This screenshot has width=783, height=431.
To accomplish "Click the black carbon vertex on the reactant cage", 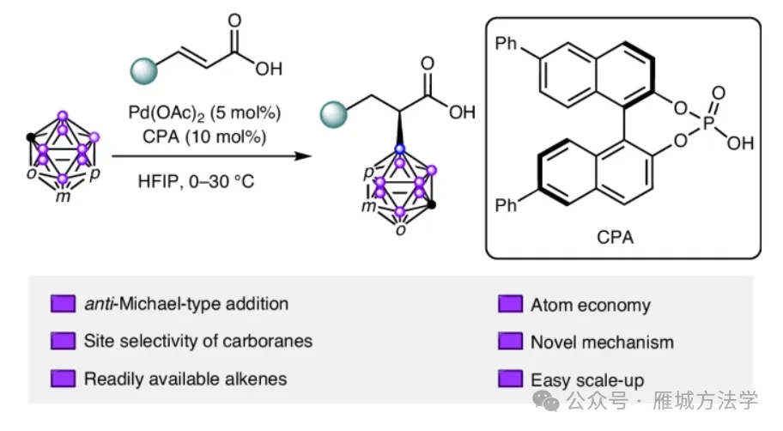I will point(31,136).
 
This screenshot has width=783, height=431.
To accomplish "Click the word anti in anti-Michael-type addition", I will point(99,304).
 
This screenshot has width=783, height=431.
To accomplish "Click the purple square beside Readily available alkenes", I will point(63,379).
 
